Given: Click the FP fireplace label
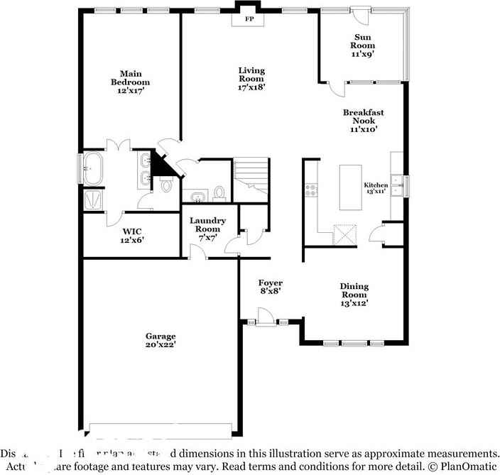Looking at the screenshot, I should [x=249, y=19].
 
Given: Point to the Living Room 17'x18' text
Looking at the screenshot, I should [x=251, y=79].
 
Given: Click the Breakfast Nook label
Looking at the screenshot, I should [x=363, y=121].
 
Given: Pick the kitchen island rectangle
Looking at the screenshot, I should [x=350, y=187].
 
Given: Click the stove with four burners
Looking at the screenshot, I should [x=311, y=190].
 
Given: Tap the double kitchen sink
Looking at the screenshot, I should [x=402, y=186].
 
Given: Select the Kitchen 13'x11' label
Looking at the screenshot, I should [x=376, y=188].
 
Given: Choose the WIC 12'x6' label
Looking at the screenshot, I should [x=132, y=236].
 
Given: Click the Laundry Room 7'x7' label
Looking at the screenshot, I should [x=207, y=229].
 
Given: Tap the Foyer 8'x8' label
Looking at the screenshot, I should [x=270, y=286].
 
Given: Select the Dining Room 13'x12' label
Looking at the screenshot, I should [x=354, y=295].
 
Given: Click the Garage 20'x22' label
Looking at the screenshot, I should [x=161, y=340].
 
